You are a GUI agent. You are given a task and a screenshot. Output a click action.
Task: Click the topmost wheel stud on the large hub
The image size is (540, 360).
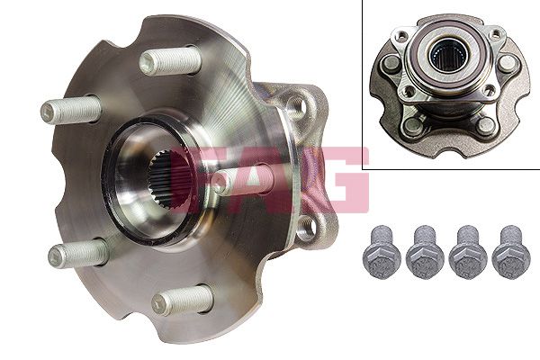tap(170, 61)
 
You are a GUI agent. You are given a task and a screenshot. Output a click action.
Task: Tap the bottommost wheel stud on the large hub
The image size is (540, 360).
tap(183, 300)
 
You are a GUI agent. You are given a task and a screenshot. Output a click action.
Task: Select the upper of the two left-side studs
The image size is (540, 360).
tap(70, 110)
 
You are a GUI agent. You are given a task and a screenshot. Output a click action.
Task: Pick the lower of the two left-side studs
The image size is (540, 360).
tap(77, 253)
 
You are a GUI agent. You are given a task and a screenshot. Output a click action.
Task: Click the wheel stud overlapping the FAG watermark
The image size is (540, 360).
tap(243, 180)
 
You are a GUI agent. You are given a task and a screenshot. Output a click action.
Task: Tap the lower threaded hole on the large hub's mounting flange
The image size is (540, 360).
tap(306, 227)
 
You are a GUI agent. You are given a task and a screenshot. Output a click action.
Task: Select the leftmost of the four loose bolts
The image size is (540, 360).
tap(382, 252)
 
